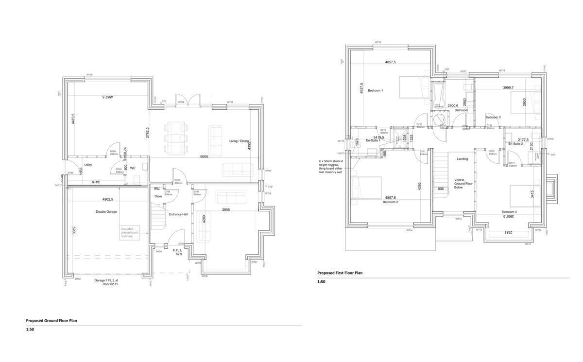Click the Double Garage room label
tap(106, 212)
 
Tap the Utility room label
tap(88, 165)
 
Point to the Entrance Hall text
tap(178, 214)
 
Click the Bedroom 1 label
tap(375, 91)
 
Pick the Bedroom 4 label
tap(509, 212)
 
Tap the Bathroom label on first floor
tap(461, 110)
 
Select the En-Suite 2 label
tap(515, 144)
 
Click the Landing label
tap(462, 159)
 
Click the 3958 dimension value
tap(226, 210)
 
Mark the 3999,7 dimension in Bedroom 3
tap(508, 87)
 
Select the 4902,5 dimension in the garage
tap(107, 199)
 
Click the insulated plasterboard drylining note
tap(129, 232)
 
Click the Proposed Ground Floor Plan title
tap(51, 321)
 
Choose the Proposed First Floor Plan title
tap(340, 273)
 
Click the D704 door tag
tap(181, 103)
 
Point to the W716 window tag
tap(377, 42)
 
